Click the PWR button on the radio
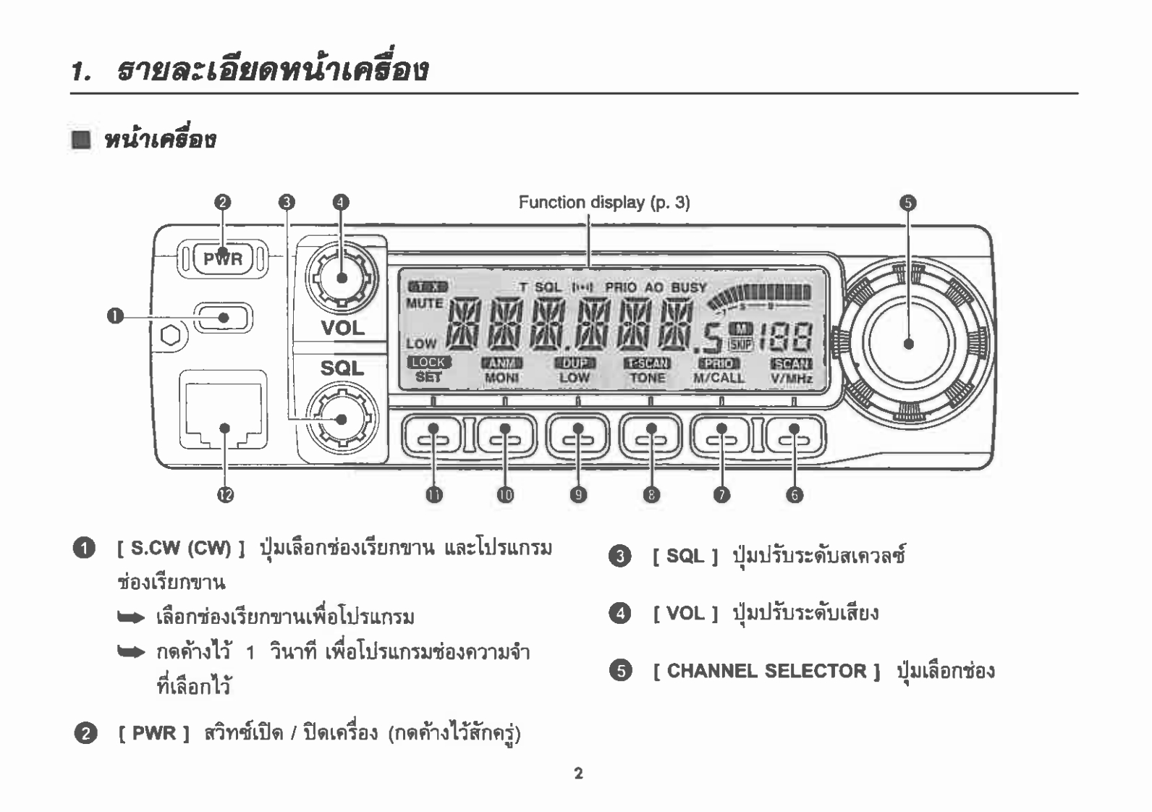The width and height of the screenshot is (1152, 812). [222, 259]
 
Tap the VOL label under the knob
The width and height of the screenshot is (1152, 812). [343, 328]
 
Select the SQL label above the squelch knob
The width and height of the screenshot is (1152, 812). [342, 368]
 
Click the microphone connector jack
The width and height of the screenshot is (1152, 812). [224, 410]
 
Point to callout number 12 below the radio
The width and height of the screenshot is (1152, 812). [225, 495]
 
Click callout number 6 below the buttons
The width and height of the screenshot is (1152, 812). [795, 495]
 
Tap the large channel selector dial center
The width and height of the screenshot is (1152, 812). [908, 343]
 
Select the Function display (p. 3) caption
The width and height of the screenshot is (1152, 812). [603, 202]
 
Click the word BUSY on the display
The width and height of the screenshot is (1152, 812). [688, 287]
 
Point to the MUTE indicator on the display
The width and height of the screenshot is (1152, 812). [424, 303]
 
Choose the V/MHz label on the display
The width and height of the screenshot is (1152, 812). [791, 378]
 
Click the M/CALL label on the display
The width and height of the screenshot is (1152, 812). [719, 378]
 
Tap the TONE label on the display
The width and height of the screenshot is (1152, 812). [647, 378]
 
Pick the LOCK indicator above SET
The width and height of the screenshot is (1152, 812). [428, 363]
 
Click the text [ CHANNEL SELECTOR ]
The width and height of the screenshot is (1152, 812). [766, 671]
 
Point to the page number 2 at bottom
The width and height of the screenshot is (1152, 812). [578, 774]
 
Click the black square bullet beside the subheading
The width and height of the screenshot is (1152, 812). [81, 139]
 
